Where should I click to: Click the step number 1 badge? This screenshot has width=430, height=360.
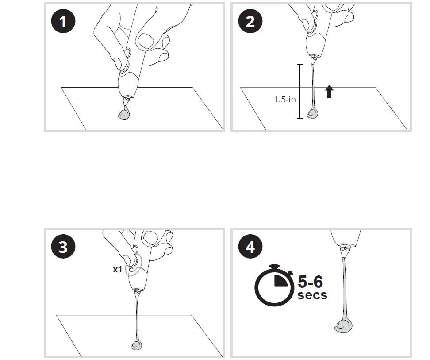(63, 21)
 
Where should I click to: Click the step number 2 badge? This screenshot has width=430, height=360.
(250, 21)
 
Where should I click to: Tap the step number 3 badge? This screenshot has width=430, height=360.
(63, 247)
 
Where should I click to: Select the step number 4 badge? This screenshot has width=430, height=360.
(250, 247)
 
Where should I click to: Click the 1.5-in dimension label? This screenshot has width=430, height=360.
(285, 99)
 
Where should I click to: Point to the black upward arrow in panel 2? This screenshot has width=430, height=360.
(329, 92)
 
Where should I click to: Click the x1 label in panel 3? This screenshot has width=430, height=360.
(117, 269)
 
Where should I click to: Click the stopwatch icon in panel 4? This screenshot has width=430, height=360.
(274, 285)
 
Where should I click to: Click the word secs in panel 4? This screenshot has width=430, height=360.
(312, 295)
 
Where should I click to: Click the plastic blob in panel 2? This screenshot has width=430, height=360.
(312, 114)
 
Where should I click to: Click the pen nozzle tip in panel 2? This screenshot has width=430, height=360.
(315, 59)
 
